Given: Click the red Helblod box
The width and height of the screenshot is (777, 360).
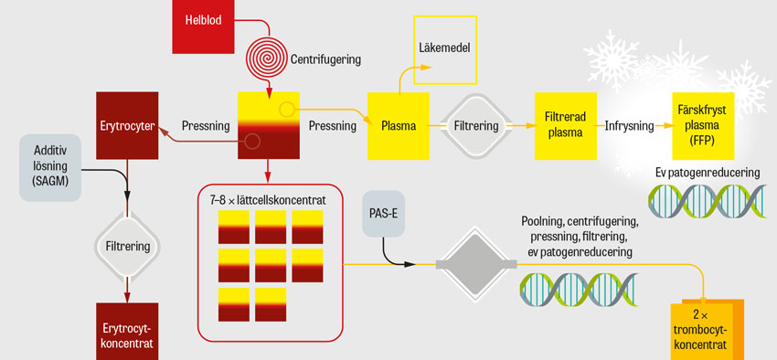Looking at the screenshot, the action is (203, 26).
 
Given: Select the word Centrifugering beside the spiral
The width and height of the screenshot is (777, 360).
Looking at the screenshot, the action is (325, 61).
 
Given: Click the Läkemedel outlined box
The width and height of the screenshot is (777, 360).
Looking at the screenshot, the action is (445, 49).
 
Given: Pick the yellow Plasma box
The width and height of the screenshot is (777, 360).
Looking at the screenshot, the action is (399, 126).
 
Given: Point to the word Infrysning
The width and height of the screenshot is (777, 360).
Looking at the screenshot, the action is (629, 126).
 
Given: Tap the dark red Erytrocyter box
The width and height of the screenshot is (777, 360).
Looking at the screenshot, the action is (127, 125).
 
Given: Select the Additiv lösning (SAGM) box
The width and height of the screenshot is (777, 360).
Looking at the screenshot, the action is (50, 167).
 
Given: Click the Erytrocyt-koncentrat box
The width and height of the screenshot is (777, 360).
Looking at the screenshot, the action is (127, 332).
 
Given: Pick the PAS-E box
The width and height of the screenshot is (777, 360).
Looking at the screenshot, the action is (384, 216).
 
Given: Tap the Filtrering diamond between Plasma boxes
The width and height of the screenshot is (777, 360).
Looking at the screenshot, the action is (476, 126).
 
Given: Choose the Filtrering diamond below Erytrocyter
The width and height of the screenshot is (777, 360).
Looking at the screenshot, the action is (127, 246).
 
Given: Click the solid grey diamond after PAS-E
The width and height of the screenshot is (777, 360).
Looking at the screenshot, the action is (476, 265).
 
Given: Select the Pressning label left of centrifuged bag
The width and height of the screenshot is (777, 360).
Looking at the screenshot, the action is (206, 126).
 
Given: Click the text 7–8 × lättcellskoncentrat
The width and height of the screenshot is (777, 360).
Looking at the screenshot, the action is (268, 201).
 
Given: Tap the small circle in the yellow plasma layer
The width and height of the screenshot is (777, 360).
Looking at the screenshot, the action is (286, 110).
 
